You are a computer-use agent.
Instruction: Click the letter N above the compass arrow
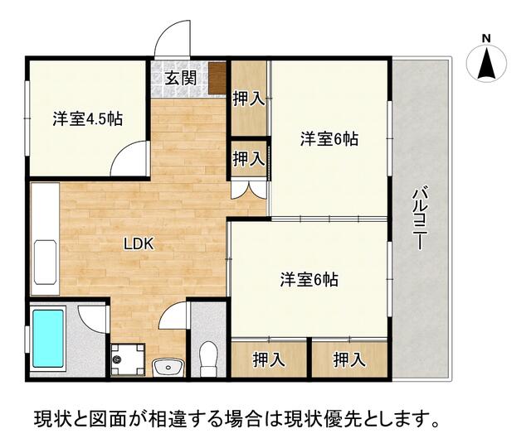[x=487, y=38]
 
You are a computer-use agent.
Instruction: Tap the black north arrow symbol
[x=487, y=64]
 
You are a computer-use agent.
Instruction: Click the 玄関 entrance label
[x=180, y=79]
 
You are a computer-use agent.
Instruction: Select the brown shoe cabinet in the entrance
[x=217, y=76]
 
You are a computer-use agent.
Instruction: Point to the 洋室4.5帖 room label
[x=88, y=119]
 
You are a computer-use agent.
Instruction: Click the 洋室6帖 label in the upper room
[x=329, y=140]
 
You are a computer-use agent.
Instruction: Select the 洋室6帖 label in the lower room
[x=309, y=279]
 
